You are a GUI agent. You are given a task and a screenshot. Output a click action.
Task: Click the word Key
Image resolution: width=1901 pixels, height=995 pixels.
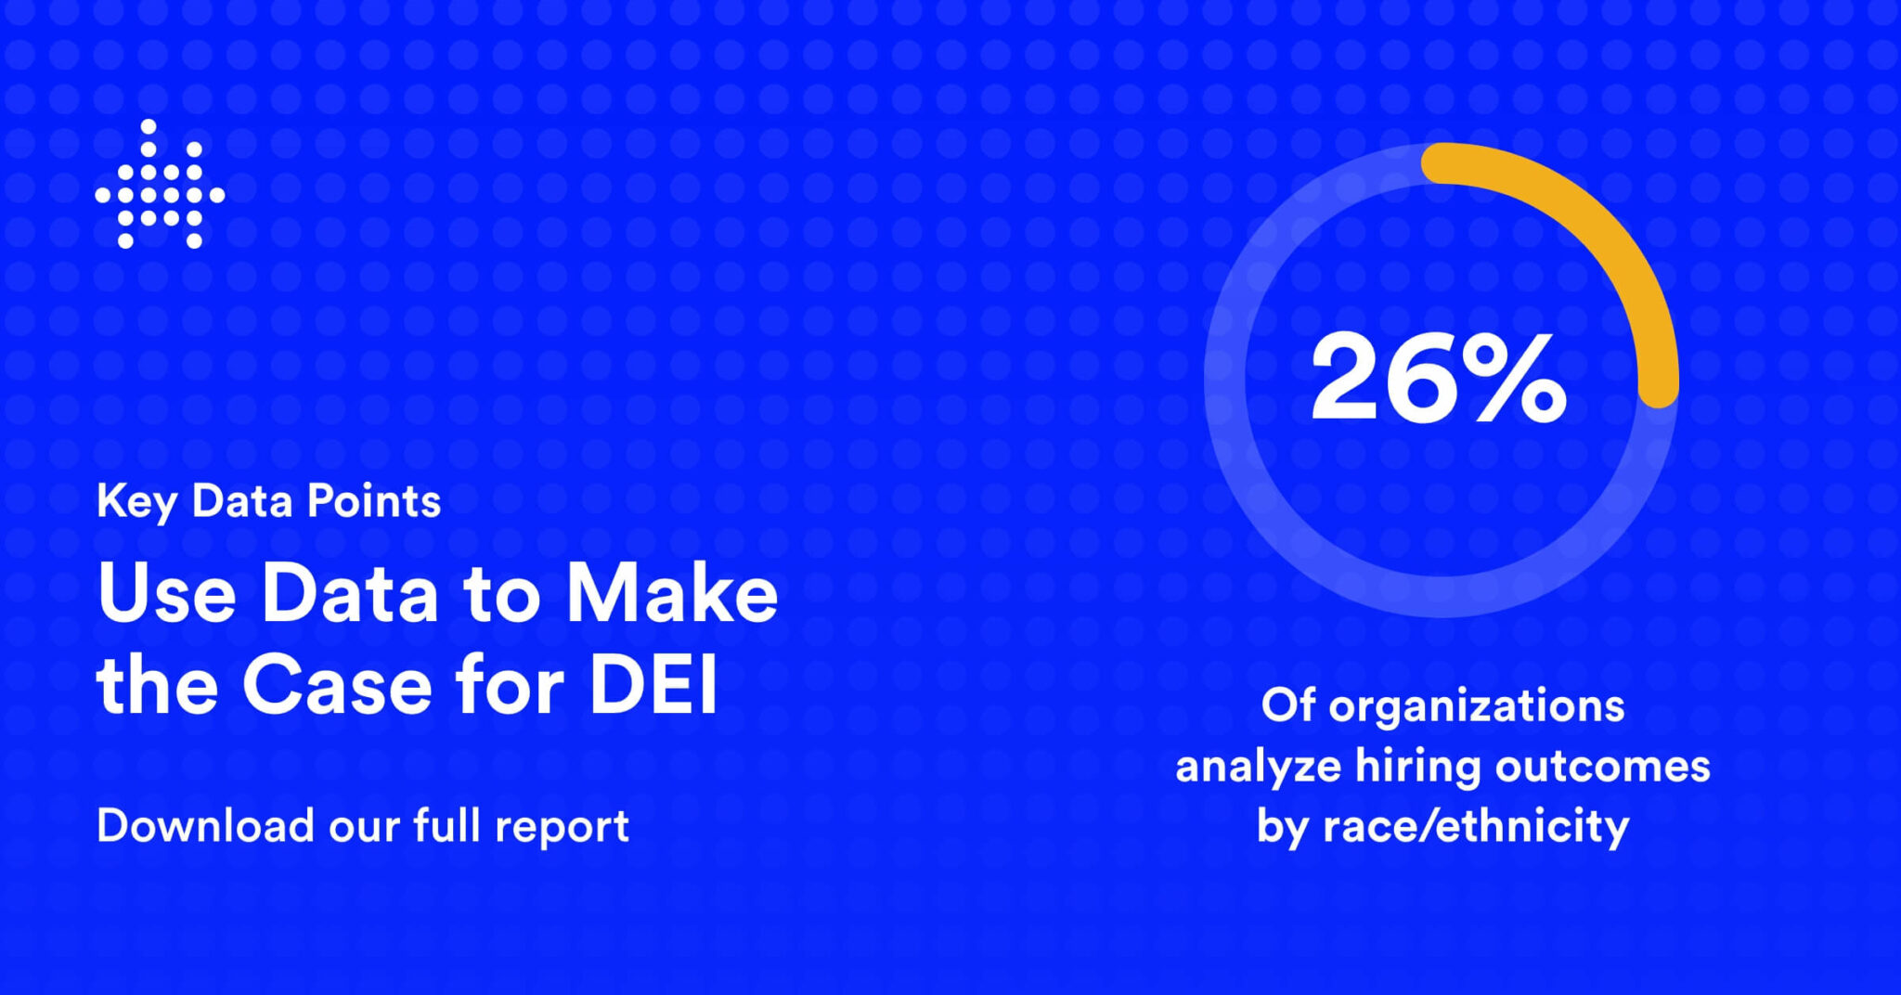pos(136,502)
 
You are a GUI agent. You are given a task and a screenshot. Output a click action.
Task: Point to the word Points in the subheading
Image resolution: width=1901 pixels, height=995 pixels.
pos(373,501)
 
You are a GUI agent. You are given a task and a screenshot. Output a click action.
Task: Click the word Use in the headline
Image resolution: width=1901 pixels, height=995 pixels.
pos(166,594)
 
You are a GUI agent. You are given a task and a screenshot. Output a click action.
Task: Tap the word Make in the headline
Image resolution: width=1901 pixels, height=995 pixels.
pos(672,594)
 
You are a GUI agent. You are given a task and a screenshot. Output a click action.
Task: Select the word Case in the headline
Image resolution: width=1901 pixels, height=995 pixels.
pos(337,687)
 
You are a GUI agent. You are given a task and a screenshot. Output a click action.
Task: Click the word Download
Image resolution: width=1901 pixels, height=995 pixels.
pos(205,825)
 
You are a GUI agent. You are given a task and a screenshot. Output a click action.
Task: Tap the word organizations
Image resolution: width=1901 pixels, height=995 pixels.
pos(1476,707)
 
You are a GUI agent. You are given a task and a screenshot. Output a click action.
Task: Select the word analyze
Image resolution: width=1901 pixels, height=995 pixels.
pos(1258,768)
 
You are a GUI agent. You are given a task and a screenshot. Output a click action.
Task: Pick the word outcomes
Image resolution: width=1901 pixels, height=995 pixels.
pos(1602,768)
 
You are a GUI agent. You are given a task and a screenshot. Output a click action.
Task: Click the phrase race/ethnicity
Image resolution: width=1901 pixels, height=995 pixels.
pos(1475,826)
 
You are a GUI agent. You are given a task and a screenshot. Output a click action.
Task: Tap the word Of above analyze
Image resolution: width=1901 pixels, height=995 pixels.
pos(1287,705)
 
